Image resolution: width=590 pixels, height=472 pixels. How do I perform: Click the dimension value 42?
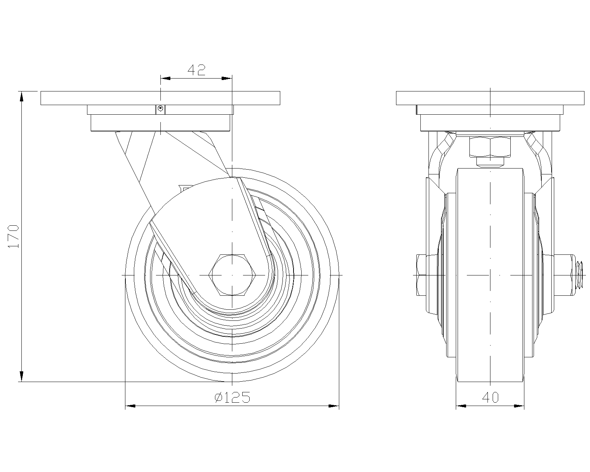tap(196, 70)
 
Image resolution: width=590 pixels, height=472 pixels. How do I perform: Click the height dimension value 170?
tap(13, 236)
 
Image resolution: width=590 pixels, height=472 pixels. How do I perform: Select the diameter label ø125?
tap(232, 398)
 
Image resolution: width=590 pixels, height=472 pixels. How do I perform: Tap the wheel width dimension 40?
tap(490, 398)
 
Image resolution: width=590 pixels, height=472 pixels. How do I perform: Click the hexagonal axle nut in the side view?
tap(232, 275)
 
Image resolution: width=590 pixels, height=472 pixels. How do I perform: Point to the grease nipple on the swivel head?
tap(160, 109)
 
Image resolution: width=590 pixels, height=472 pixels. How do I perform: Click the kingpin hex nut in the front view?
tap(490, 147)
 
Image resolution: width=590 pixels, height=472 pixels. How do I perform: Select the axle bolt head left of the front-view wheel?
tap(421, 275)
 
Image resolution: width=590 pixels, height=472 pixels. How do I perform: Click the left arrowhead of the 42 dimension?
tap(165, 79)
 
